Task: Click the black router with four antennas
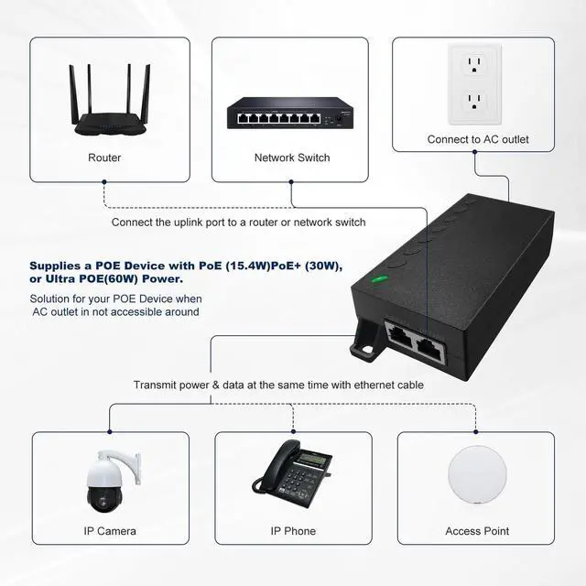(x=104, y=102)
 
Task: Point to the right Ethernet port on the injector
(x=429, y=344)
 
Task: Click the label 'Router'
(x=104, y=157)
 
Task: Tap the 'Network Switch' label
(x=292, y=157)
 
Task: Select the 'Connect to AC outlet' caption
(x=478, y=140)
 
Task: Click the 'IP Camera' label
(x=110, y=531)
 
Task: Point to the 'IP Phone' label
(x=293, y=531)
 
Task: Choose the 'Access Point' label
(x=477, y=531)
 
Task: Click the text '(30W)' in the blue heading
(x=324, y=266)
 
